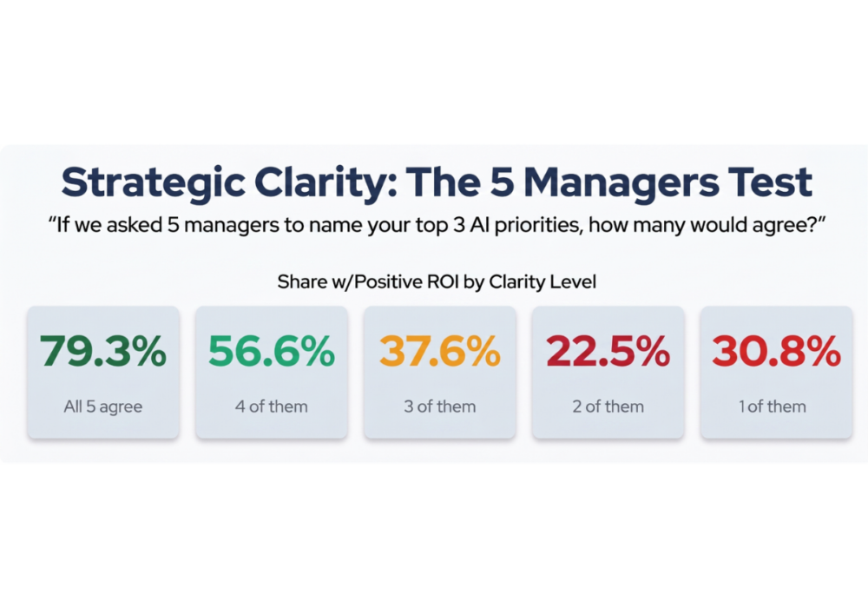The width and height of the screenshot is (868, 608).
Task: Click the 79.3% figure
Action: (x=103, y=351)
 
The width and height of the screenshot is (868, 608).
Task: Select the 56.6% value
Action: (x=272, y=351)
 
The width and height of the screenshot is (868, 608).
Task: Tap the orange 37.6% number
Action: (x=440, y=351)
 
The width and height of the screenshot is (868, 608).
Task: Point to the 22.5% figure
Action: (x=608, y=351)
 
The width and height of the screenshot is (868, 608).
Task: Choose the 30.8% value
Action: (x=776, y=351)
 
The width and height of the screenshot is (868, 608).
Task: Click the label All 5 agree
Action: (x=103, y=406)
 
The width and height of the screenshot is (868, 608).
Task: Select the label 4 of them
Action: (x=272, y=406)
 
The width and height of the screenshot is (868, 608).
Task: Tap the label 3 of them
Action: (x=440, y=406)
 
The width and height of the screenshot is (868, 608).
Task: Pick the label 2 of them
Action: (x=608, y=406)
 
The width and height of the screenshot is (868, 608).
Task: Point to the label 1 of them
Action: (x=773, y=406)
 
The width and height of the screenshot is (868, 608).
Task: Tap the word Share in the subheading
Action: (x=299, y=282)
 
